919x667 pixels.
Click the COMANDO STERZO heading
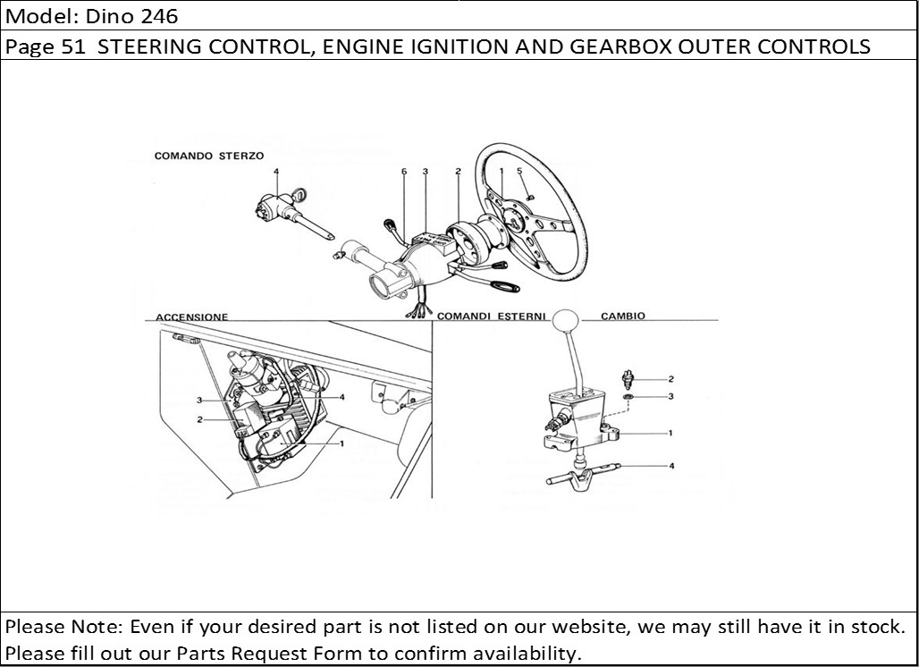208,156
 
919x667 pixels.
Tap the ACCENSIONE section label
191,317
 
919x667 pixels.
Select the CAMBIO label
622,317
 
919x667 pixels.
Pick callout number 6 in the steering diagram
404,171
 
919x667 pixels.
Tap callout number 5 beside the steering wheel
519,171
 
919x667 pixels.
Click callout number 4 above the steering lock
276,171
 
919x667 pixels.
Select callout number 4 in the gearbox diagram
671,466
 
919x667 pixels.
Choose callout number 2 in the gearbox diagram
671,379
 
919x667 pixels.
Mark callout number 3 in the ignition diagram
199,400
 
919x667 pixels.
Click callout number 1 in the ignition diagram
341,443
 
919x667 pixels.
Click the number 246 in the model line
160,15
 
